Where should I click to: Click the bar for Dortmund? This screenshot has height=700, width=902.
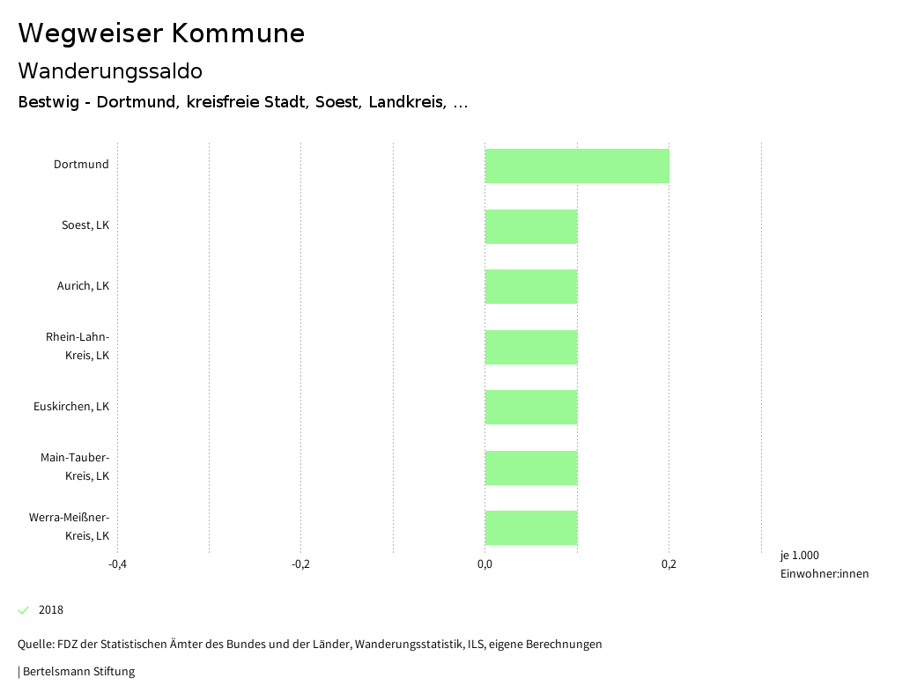577,166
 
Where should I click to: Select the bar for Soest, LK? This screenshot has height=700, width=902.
531,226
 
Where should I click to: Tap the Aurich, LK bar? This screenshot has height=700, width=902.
531,286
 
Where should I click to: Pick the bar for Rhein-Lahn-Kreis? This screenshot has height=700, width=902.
531,347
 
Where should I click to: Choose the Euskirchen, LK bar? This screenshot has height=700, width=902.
531,407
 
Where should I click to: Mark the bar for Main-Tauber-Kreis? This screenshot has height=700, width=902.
531,468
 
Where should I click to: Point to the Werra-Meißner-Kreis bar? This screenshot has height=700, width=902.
531,527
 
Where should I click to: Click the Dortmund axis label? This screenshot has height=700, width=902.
81,165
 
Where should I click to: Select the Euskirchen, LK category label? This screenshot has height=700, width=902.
71,407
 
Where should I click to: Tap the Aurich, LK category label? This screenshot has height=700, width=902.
83,286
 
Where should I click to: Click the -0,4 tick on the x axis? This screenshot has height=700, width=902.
117,564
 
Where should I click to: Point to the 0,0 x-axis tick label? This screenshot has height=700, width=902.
484,564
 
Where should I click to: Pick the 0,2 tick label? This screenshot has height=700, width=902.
669,564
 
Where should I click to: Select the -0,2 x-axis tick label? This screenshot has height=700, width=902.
301,564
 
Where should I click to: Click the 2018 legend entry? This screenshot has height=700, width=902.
51,610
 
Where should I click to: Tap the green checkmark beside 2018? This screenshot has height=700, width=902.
24,610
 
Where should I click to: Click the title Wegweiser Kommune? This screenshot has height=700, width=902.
161,33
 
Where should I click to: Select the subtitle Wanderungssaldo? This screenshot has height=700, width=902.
110,71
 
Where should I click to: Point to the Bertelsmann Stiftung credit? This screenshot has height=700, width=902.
78,672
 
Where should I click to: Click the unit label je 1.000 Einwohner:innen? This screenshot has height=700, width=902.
824,564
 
